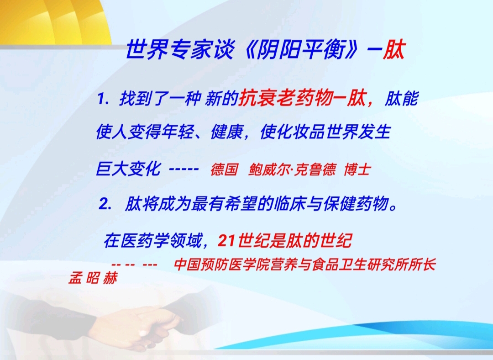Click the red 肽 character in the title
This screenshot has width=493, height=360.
[x=393, y=49]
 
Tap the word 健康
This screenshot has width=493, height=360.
[x=227, y=132]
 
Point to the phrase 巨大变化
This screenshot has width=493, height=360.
[x=128, y=169]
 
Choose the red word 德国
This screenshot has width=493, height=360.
[x=224, y=169]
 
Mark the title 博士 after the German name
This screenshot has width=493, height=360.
[x=357, y=169]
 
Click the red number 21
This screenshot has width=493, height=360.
[x=226, y=241]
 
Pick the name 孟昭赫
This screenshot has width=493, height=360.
[x=93, y=278]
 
